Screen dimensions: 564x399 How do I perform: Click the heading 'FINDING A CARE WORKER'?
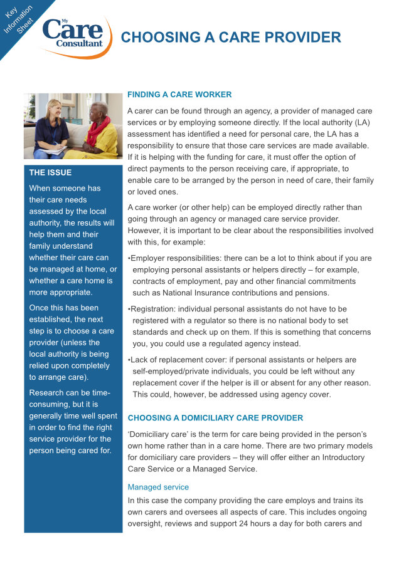tap(179, 95)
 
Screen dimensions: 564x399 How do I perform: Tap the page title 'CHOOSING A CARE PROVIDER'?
tap(231, 37)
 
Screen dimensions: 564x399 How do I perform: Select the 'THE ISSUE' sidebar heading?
tap(50, 172)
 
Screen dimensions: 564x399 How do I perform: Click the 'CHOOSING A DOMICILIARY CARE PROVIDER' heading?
tap(215, 418)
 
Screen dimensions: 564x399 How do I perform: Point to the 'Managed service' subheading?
tap(158, 487)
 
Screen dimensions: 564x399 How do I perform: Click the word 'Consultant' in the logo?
tap(79, 44)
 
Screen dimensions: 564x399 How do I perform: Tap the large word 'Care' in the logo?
tap(73, 29)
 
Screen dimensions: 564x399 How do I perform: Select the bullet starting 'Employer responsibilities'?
tap(250, 276)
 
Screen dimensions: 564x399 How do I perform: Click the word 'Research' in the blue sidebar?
tap(46, 393)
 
